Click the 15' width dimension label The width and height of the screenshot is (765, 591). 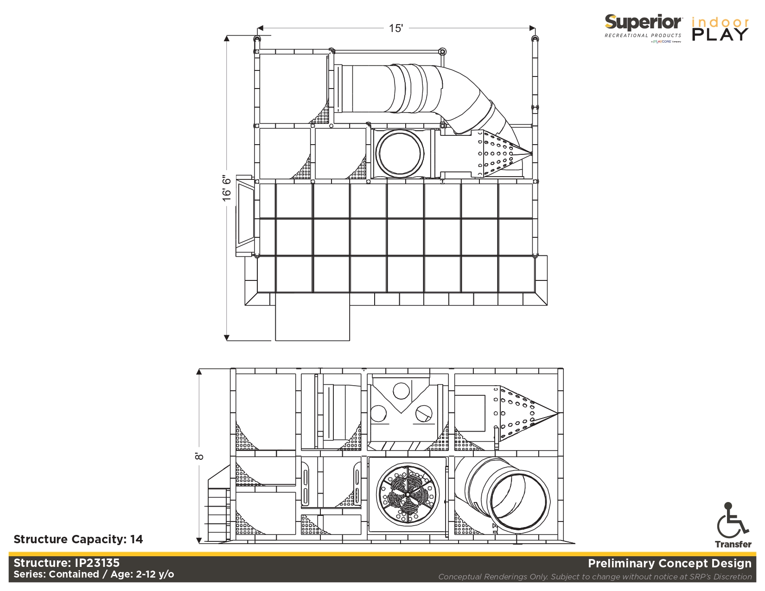395,28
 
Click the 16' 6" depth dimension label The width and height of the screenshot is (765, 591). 227,188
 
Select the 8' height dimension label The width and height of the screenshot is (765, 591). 199,457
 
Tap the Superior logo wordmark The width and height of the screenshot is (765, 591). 643,23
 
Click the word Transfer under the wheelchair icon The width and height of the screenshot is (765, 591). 733,544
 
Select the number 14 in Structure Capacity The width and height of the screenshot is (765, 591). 137,539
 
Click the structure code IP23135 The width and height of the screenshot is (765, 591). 97,563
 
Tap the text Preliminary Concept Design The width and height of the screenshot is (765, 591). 669,563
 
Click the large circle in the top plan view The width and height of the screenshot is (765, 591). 400,153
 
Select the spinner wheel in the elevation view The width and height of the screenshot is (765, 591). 408,494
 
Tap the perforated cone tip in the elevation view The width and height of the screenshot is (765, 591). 557,413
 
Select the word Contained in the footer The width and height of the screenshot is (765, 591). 74,574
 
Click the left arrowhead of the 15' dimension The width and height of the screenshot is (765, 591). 260,28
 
